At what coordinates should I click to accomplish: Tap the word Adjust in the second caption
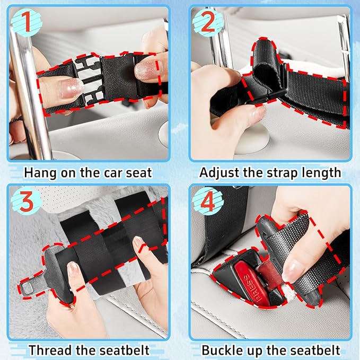[x=218, y=172]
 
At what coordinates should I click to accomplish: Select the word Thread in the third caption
[x=49, y=350]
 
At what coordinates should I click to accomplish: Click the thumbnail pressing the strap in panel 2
[x=257, y=111]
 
